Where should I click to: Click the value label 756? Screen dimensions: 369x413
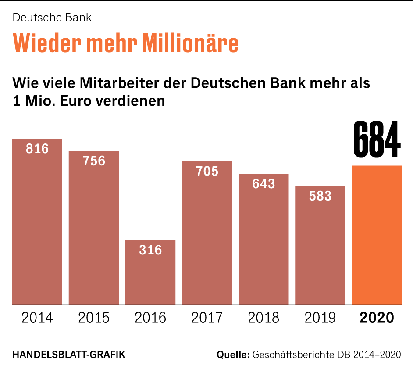point(94,161)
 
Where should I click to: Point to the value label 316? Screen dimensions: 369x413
point(150,250)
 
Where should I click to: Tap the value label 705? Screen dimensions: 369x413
point(207,171)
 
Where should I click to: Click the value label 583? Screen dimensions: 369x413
point(320,196)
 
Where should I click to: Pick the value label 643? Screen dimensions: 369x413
point(263,183)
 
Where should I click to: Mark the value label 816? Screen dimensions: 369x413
point(37,149)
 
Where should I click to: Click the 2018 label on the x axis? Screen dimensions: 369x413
point(263,317)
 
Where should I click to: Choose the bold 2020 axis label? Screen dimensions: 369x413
point(377,317)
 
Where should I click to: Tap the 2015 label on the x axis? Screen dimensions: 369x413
point(94,317)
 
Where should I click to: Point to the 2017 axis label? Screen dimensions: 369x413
point(207,317)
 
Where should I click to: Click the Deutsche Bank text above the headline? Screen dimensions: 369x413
point(52,18)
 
